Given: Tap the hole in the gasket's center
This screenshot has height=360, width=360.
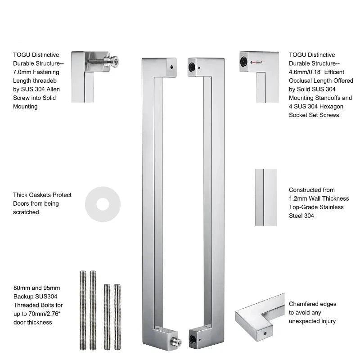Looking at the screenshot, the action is click(103, 204).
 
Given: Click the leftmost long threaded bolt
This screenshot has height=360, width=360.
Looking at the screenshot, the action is click(83, 310).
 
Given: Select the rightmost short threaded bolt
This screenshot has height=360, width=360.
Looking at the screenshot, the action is click(117, 317).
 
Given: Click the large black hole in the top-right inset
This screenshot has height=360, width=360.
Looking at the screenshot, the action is click(243, 62).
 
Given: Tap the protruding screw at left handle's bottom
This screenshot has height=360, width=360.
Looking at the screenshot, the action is click(177, 342).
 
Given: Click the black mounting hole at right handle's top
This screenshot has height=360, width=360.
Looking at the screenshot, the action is click(192, 67).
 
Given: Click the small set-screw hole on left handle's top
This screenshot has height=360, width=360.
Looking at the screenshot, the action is click(172, 67).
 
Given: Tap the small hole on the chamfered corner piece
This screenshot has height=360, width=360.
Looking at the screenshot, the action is click(265, 333).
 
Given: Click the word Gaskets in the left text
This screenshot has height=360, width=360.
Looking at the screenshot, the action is click(42, 195).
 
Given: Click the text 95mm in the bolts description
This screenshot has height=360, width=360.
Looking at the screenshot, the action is click(52, 288).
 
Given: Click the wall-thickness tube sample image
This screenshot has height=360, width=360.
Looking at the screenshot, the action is click(266, 198).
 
